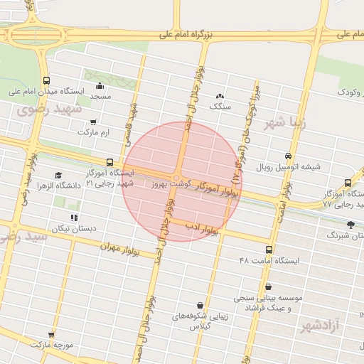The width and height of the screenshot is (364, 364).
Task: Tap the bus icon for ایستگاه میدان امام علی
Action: coord(46,80)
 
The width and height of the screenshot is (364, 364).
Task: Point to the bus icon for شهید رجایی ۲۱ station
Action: coord(109,162)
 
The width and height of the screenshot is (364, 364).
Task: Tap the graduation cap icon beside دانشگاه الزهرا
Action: coord(58,175)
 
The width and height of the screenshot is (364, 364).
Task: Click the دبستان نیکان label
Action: coord(73,229)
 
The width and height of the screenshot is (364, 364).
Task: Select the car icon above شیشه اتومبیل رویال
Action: coord(287,156)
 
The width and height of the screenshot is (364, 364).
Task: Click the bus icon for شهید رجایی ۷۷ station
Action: coord(348,183)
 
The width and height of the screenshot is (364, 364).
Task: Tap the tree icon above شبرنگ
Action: coord(349,223)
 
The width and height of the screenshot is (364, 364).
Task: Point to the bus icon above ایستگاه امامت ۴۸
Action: coord(269,250)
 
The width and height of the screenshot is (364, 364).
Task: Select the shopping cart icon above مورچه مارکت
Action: coord(51,333)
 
